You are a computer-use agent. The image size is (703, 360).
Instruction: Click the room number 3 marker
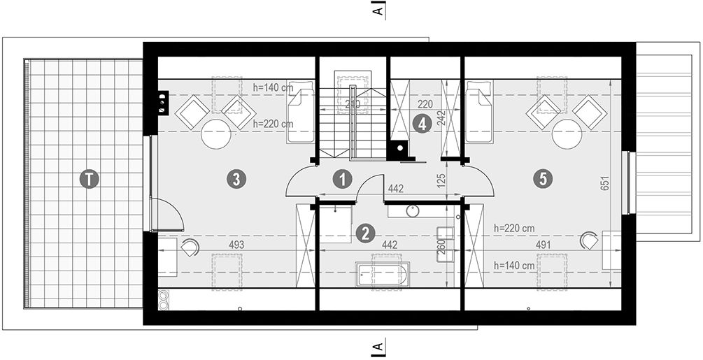pos(237,179)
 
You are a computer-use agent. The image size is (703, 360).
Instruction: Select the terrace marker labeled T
pos(88,179)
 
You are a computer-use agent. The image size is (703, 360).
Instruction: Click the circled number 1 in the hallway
pos(341,179)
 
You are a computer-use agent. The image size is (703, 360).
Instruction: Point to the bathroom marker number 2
pos(363,233)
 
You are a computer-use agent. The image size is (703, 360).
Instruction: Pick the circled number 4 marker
pos(420,124)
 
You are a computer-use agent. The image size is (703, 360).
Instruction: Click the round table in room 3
pos(216,134)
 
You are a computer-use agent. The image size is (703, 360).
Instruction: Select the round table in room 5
pos(567,134)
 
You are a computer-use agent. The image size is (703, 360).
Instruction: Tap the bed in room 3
pos(301,112)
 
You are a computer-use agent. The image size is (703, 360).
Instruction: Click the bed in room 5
pos(479,112)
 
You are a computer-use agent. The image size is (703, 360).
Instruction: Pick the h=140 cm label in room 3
pos(272,87)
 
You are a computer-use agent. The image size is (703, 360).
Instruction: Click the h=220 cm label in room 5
pos(514,229)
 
